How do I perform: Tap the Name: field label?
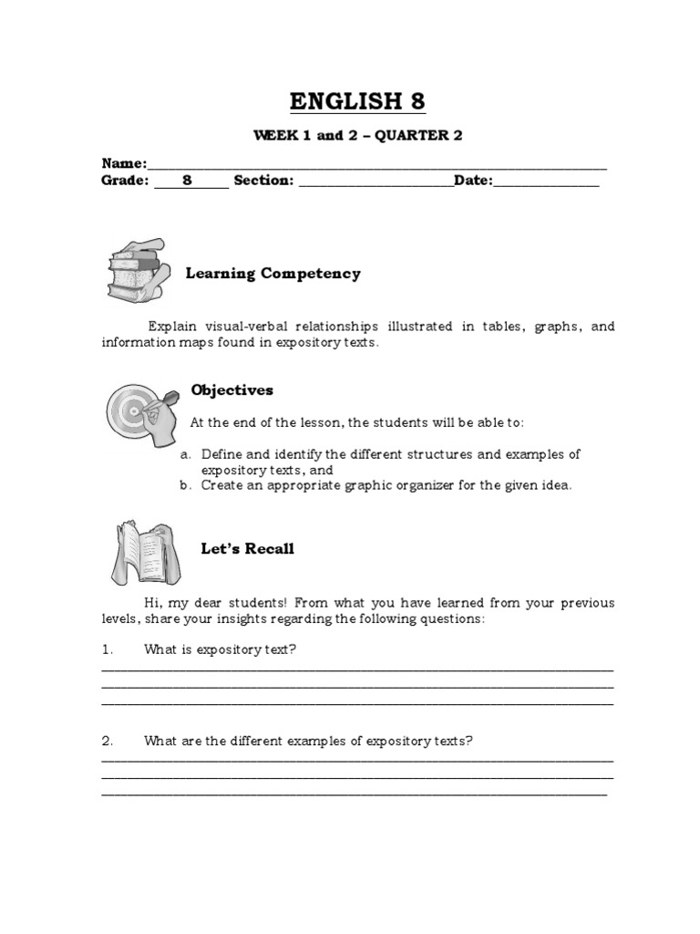[x=124, y=163]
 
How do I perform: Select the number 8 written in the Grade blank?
[x=187, y=181]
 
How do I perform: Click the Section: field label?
[x=263, y=181]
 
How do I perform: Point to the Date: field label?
[x=473, y=181]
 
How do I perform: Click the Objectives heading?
[x=232, y=390]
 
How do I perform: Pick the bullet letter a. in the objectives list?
[x=185, y=454]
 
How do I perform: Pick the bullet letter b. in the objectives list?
[x=185, y=485]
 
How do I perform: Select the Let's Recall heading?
[x=247, y=549]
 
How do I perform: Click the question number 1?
[x=107, y=649]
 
